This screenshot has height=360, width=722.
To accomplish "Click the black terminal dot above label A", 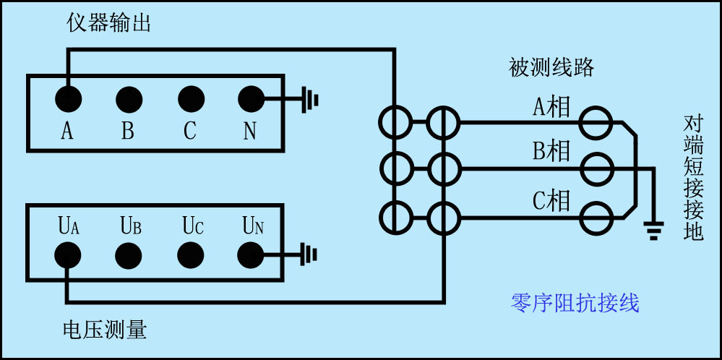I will click(x=68, y=97).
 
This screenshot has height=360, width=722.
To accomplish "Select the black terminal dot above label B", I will click(x=129, y=97).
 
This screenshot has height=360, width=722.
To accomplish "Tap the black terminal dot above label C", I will click(x=190, y=97).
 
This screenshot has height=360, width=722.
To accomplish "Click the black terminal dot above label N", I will click(x=251, y=97).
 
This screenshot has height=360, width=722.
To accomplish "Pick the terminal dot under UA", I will click(x=68, y=254).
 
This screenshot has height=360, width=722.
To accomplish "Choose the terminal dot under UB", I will click(x=129, y=254).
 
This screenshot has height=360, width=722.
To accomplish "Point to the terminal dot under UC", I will click(x=190, y=254).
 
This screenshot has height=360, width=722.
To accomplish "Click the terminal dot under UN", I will click(x=251, y=254).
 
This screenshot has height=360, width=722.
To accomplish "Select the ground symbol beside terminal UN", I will click(x=310, y=254).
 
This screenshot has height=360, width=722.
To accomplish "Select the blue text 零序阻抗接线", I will click(x=575, y=303).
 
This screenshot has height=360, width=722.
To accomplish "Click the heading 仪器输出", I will click(x=108, y=24).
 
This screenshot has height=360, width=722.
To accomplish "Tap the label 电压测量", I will click(x=105, y=330).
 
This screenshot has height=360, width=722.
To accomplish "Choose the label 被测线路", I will click(x=552, y=68).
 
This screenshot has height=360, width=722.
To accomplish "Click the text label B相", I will click(x=551, y=152).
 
